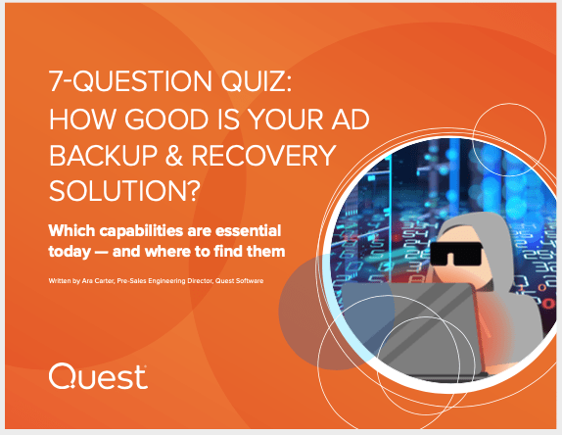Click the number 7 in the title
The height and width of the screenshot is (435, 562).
[x=56, y=80]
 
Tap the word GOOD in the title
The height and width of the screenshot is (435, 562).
[x=166, y=120]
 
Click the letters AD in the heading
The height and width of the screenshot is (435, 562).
[x=351, y=120]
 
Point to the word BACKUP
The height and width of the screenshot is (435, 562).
[x=103, y=156]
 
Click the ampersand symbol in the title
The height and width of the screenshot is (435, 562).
[x=174, y=156]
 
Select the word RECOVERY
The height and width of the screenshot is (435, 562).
[x=263, y=156]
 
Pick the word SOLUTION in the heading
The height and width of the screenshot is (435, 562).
[x=117, y=190]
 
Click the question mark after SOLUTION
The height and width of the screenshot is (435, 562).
[x=193, y=190]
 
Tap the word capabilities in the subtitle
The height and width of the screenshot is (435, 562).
[x=142, y=231]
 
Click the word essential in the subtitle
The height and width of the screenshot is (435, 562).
[x=248, y=230]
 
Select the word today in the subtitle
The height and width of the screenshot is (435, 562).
[x=70, y=252]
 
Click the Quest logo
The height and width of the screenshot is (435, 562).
[x=98, y=376]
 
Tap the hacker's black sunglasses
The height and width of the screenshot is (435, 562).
[x=455, y=254]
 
